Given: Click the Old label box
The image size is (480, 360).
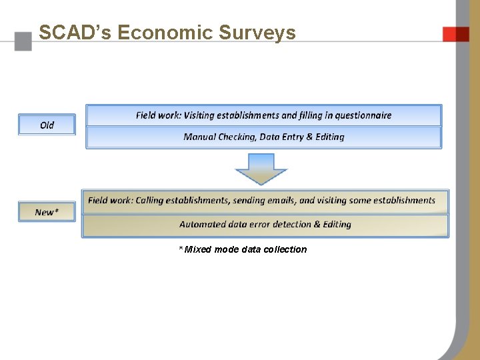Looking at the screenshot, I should (x=47, y=125).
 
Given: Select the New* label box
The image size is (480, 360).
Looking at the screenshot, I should (x=47, y=212).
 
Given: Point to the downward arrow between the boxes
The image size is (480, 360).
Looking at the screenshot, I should (x=261, y=169).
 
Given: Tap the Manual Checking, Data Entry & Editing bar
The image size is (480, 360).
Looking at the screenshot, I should (x=264, y=137).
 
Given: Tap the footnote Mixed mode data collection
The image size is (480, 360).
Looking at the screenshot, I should (x=243, y=249).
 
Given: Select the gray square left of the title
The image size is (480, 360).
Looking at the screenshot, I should (x=23, y=41).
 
